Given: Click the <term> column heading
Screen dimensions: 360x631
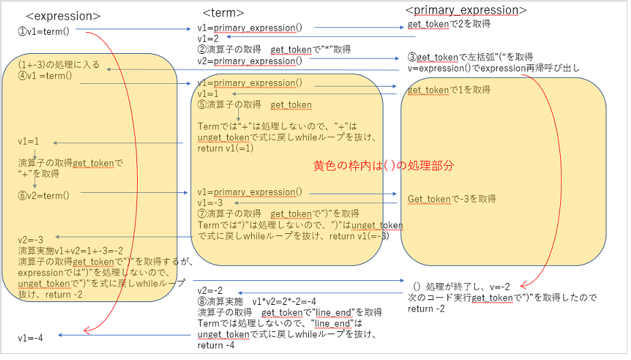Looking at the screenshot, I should click(224, 13).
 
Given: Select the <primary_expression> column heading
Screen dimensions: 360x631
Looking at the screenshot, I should click(466, 10).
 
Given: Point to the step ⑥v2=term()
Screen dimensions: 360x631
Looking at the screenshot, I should click(44, 195).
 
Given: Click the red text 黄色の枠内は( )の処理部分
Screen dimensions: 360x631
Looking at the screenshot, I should click(383, 166).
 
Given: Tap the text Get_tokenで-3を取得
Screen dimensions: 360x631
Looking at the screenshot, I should click(452, 199).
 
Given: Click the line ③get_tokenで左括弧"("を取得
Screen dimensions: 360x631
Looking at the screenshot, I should click(471, 57).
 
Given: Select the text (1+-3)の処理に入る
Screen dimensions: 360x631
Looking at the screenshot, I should click(59, 65).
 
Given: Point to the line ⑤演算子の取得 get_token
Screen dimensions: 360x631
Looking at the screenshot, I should click(254, 104).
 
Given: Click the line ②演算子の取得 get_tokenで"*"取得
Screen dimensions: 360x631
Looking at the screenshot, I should click(274, 49).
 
